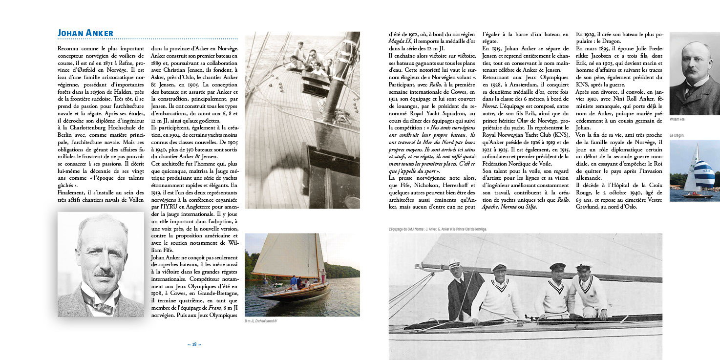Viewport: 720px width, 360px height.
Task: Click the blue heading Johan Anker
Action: (x=85, y=33)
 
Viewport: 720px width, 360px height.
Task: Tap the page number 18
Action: (x=194, y=344)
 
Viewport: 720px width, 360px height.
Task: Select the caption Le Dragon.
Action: (x=677, y=135)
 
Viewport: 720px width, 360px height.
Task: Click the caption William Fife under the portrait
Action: (x=677, y=119)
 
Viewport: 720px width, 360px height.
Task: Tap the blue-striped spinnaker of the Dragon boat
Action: (x=705, y=173)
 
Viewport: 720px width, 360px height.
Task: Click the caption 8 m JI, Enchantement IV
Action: (x=261, y=321)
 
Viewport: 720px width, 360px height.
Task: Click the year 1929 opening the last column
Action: (x=588, y=35)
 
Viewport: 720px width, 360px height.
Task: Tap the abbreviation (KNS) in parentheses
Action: (x=559, y=143)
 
